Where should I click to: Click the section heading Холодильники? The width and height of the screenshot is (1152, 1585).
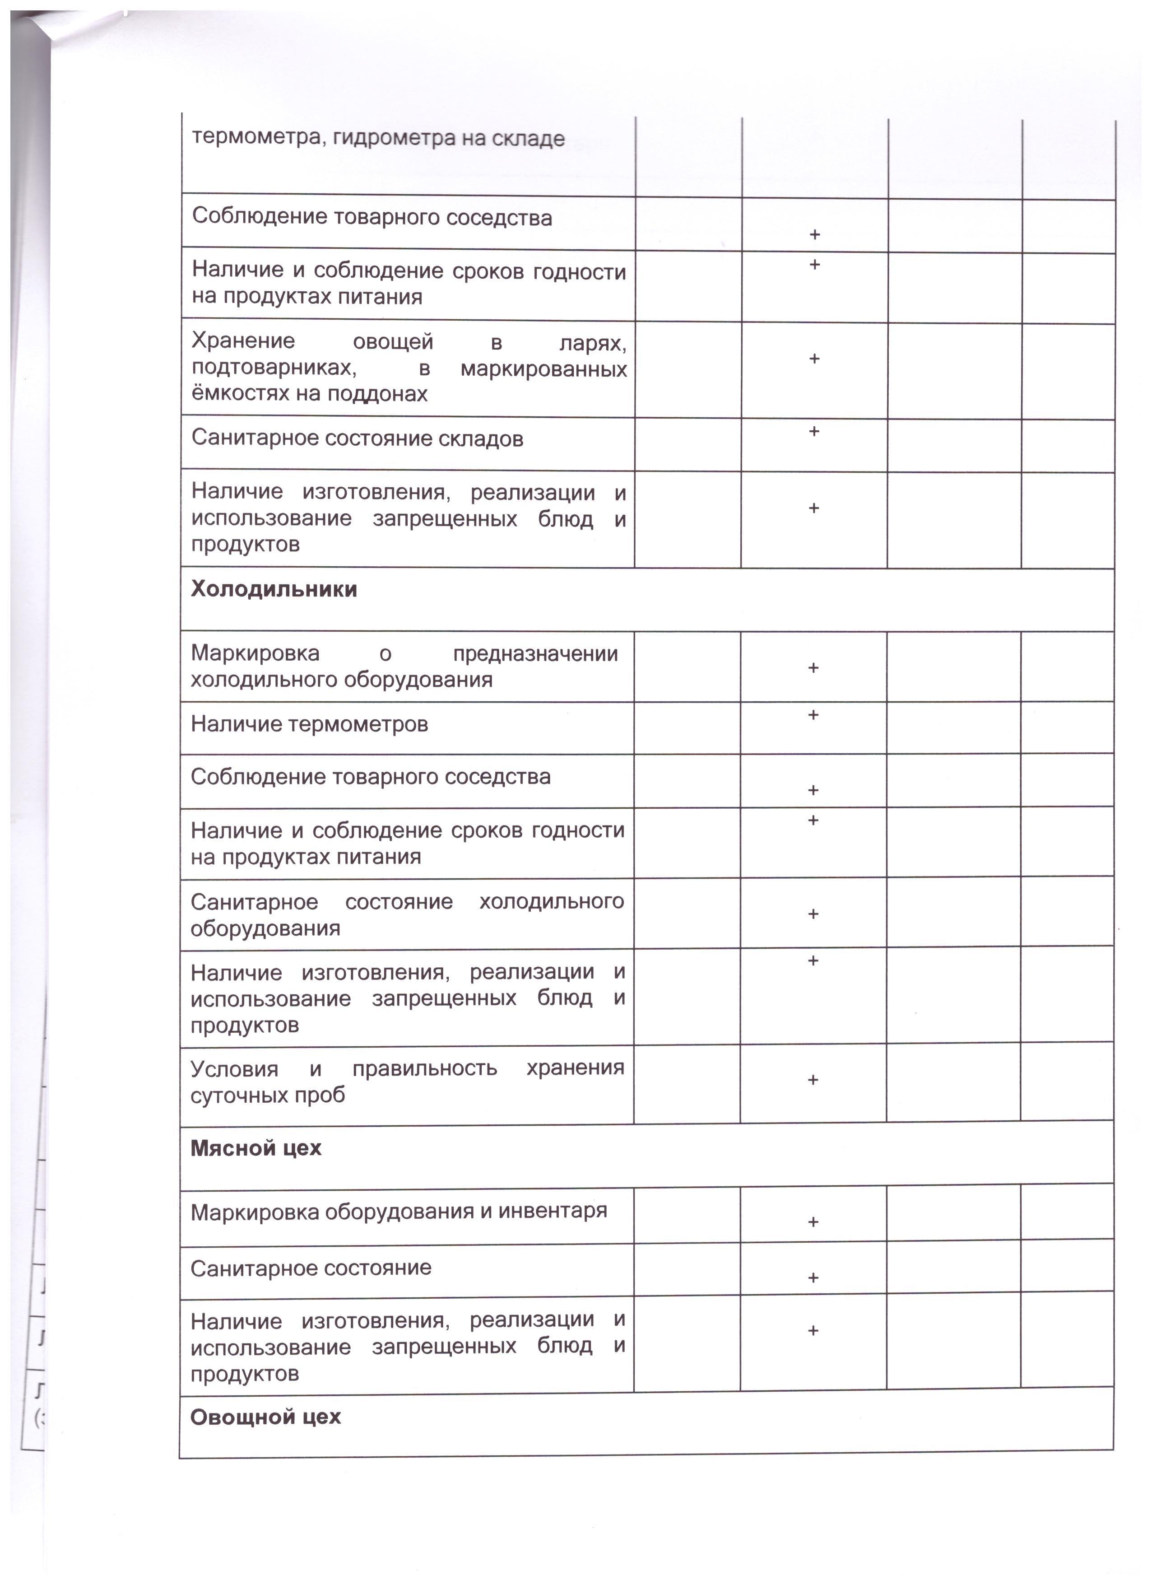[274, 589]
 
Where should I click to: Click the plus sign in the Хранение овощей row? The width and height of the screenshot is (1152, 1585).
[814, 359]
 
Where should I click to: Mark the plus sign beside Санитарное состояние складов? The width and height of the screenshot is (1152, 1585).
[814, 432]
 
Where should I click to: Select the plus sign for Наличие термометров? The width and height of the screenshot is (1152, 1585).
[813, 715]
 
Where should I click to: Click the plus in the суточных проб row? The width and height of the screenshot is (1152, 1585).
[813, 1080]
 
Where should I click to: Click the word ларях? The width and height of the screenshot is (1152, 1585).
[592, 343]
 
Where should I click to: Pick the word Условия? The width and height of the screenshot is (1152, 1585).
[234, 1068]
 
